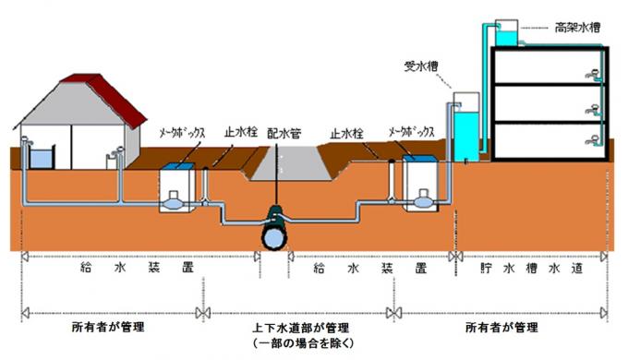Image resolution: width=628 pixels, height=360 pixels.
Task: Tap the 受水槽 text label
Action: point(422,67)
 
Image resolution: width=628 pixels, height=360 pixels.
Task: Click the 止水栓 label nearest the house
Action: point(239,132)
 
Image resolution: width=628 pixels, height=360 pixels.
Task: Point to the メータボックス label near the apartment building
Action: point(413,132)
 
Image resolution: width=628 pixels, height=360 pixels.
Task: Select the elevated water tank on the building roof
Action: point(506,34)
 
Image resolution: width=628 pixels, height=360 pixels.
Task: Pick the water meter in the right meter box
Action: point(424,198)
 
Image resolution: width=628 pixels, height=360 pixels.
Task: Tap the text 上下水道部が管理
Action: point(297,328)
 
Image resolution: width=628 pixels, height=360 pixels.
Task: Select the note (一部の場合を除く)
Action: point(297,342)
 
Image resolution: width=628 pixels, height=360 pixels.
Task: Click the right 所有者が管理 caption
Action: point(501,328)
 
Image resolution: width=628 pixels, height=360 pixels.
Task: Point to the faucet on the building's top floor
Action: point(592,71)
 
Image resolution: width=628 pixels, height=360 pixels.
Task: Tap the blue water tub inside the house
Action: point(41,159)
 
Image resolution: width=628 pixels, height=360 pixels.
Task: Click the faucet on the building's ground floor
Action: point(592,142)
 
